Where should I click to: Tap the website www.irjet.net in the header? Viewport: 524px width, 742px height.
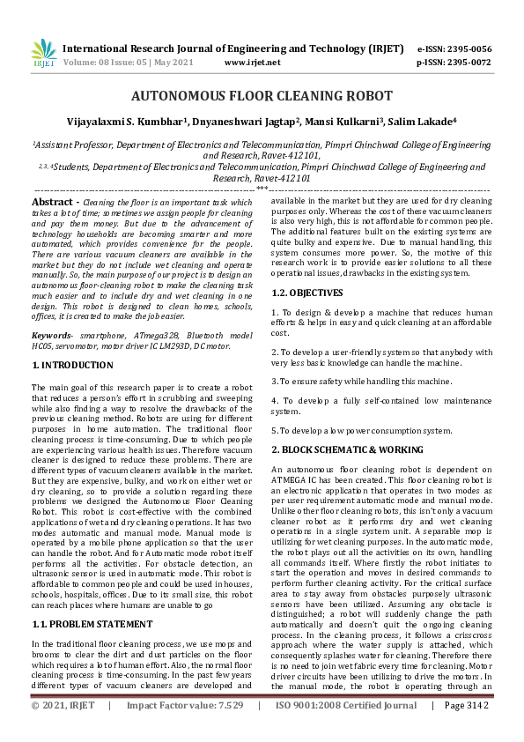coord(252,63)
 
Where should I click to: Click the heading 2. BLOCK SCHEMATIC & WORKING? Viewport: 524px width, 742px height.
coord(346,450)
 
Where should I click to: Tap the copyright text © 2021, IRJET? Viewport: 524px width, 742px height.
coord(62,730)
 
